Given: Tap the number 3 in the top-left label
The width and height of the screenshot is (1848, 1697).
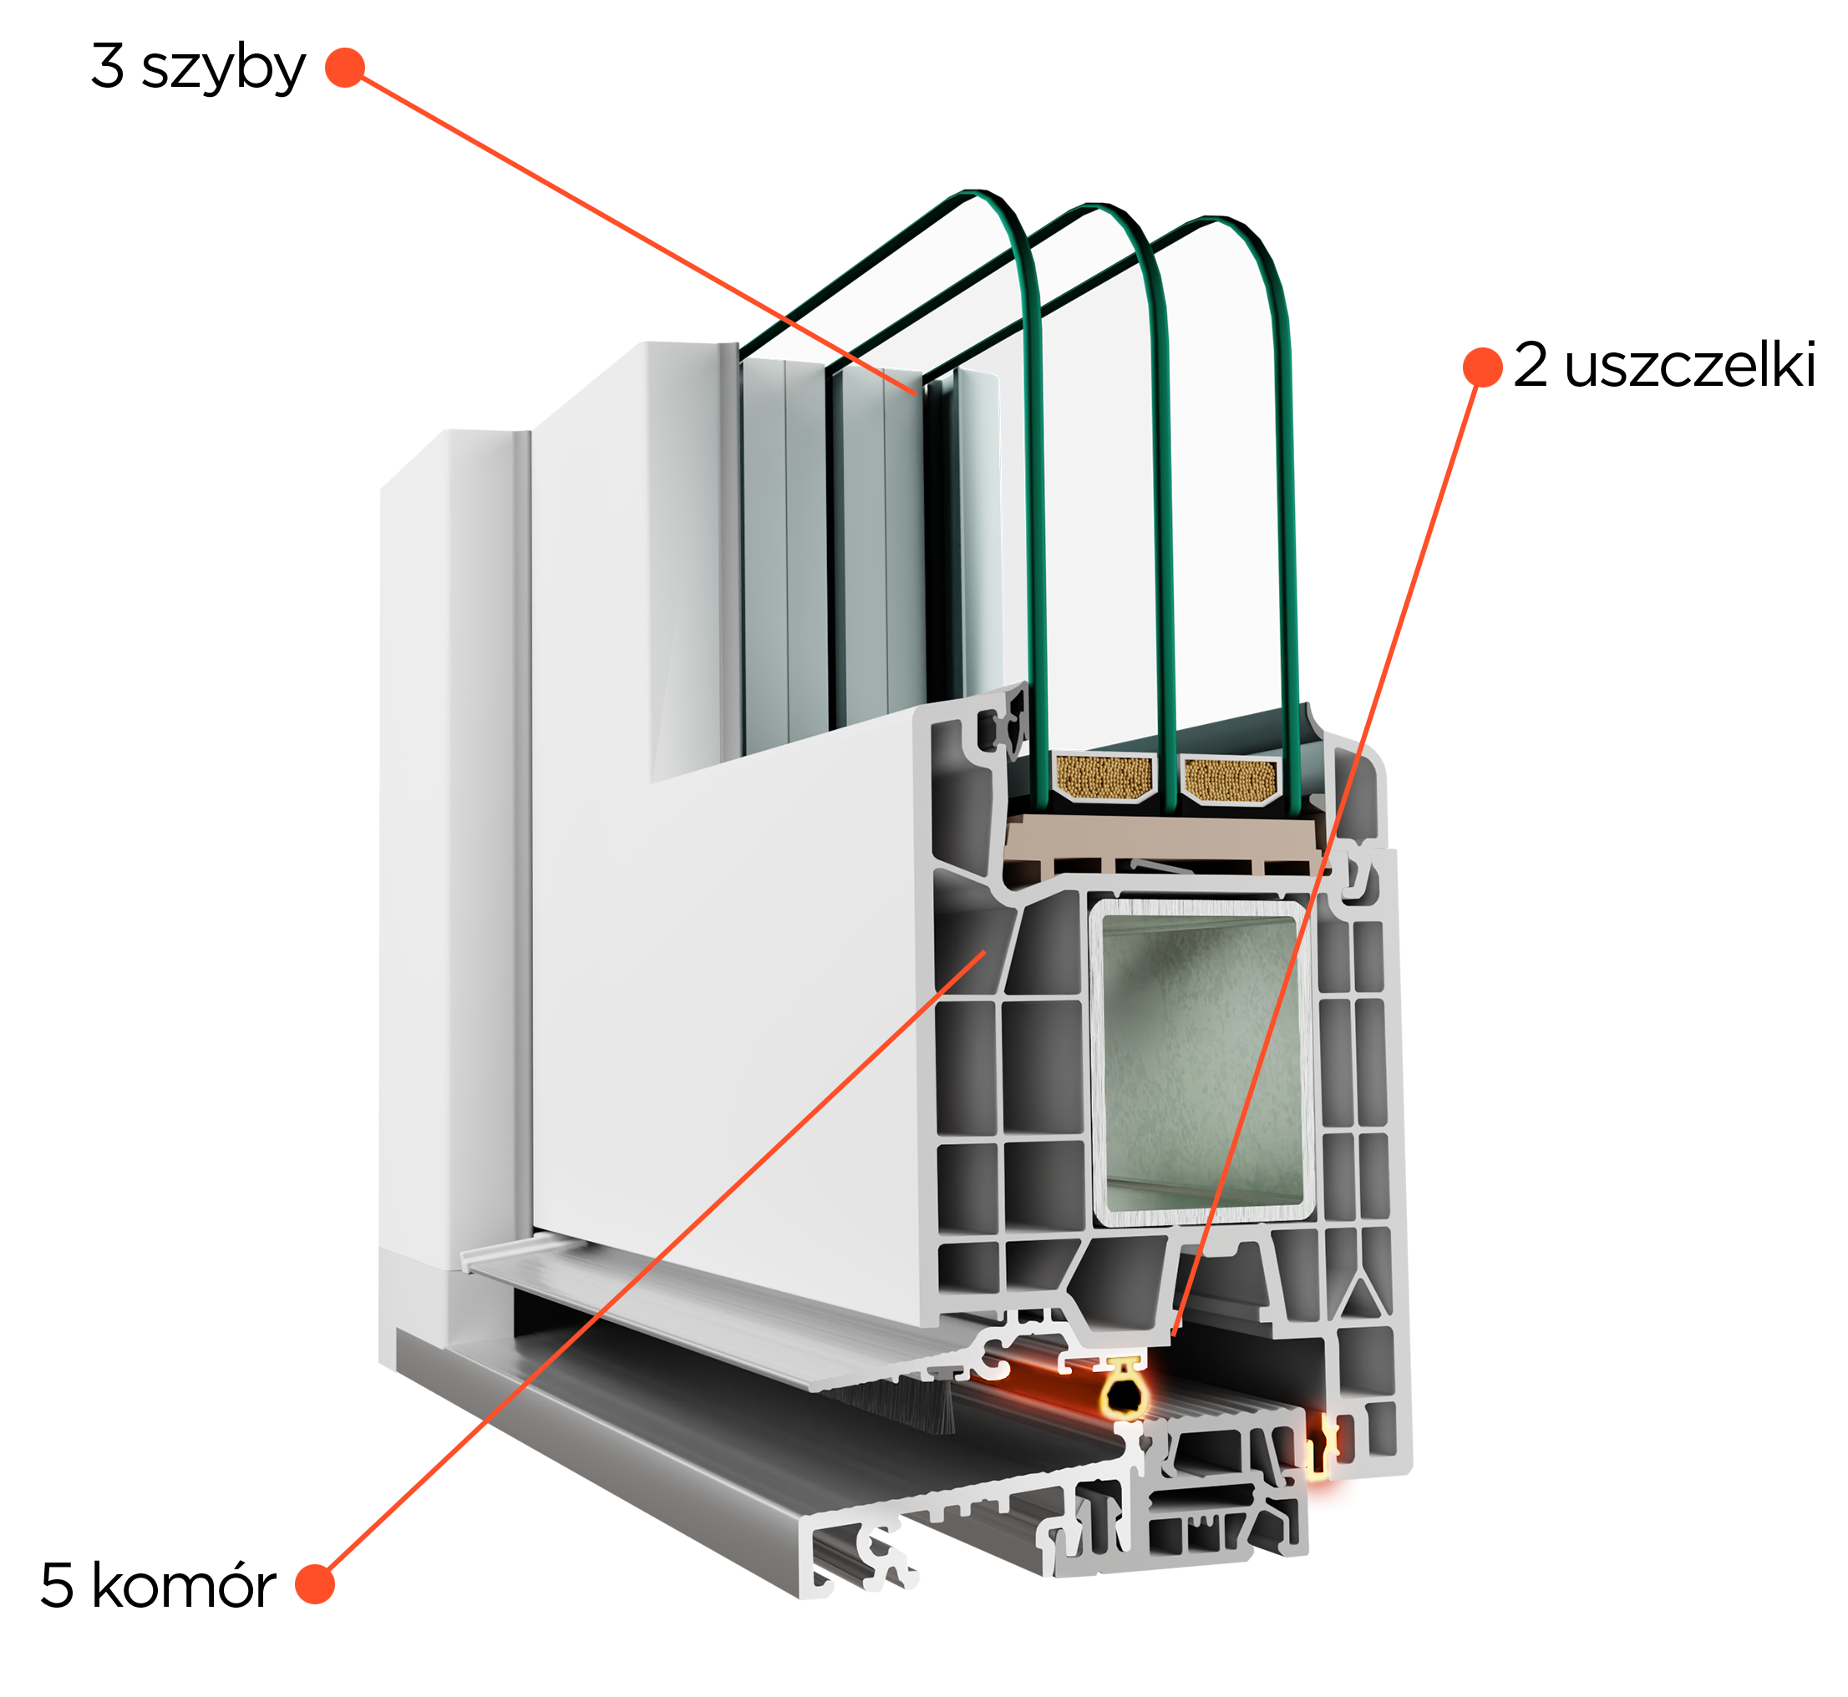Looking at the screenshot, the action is (108, 66).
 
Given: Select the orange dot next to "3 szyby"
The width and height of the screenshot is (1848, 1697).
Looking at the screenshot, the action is (345, 67).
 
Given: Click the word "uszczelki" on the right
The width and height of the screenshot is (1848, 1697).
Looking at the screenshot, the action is (1690, 366).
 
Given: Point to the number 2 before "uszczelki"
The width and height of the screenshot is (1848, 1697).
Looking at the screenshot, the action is (1531, 365).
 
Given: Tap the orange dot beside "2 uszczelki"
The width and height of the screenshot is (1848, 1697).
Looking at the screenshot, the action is (1482, 367).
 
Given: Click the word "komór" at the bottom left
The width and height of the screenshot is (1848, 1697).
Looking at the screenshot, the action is (184, 1586).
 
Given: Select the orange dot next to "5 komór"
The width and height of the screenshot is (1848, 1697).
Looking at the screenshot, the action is (314, 1585).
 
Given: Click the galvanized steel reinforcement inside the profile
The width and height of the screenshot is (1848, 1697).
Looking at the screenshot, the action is (1201, 1062).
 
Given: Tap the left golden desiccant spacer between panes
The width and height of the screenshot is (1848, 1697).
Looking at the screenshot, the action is (1102, 776).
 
